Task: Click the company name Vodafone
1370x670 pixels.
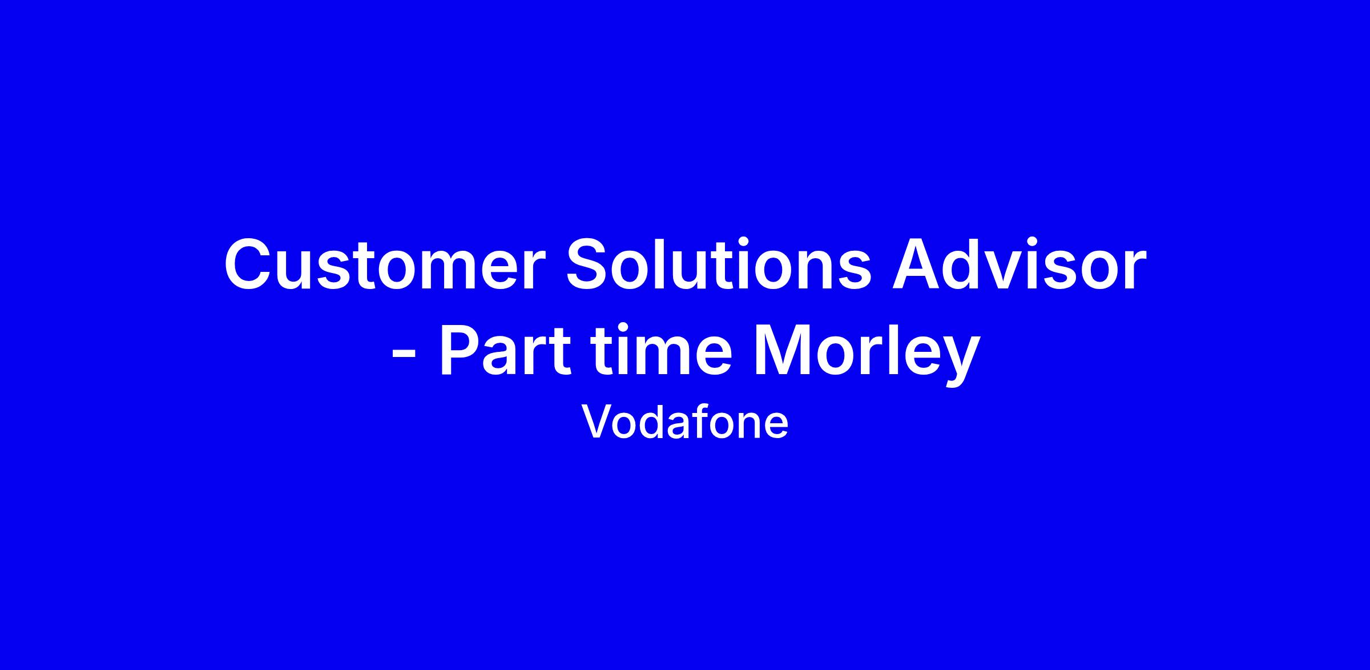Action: point(684,422)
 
